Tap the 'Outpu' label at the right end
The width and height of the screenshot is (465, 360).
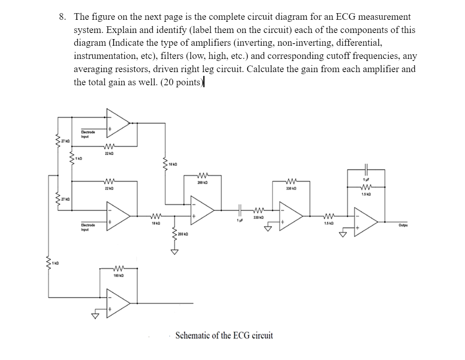point(403,225)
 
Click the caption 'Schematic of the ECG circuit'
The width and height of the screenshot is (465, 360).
point(224,335)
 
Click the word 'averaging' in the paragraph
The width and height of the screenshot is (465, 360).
point(92,69)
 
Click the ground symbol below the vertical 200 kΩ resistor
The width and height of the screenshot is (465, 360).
point(175,252)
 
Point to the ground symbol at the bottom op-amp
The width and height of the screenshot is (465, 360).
point(96,316)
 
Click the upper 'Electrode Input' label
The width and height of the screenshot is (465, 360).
point(88,133)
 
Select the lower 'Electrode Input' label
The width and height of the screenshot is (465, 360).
point(88,227)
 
